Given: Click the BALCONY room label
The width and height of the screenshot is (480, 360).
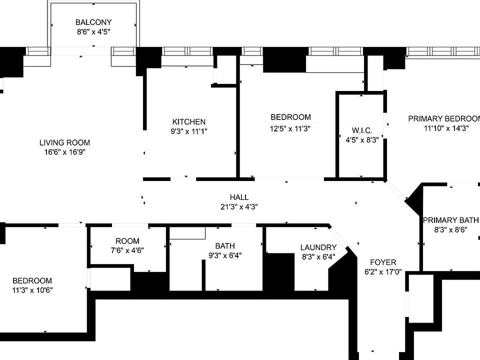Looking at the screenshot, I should [x=93, y=22].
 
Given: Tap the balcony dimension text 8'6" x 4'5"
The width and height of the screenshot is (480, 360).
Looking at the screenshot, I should [x=93, y=31].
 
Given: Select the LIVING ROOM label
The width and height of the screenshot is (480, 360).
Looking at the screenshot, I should [x=64, y=143].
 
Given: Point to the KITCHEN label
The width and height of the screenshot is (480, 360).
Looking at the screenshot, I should [x=189, y=121].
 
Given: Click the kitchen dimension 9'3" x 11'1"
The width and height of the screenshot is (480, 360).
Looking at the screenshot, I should [x=189, y=131].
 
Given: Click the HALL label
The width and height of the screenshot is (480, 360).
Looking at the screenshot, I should [x=239, y=197].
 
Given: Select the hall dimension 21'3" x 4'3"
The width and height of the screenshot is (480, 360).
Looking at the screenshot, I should [x=239, y=206].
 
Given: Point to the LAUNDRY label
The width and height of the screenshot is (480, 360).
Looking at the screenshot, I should [x=318, y=247].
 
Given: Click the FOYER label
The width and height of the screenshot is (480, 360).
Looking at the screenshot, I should [x=383, y=262].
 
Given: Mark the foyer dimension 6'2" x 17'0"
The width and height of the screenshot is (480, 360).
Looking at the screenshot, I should [x=383, y=272].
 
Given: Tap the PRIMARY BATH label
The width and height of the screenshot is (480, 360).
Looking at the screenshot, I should [x=450, y=220].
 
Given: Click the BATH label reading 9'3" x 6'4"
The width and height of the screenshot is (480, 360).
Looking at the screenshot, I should [x=225, y=246].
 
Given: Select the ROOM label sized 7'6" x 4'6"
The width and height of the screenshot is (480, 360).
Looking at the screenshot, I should [x=127, y=241].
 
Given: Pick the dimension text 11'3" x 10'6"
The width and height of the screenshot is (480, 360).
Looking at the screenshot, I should [x=32, y=290].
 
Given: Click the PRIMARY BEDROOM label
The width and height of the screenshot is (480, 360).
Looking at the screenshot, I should [x=444, y=118].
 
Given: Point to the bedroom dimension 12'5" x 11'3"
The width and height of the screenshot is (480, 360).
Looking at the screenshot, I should [x=290, y=127].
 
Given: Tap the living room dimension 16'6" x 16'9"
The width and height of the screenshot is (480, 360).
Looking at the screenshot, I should [x=64, y=152].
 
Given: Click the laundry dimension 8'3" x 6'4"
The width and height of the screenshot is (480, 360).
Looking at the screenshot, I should [x=318, y=257].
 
